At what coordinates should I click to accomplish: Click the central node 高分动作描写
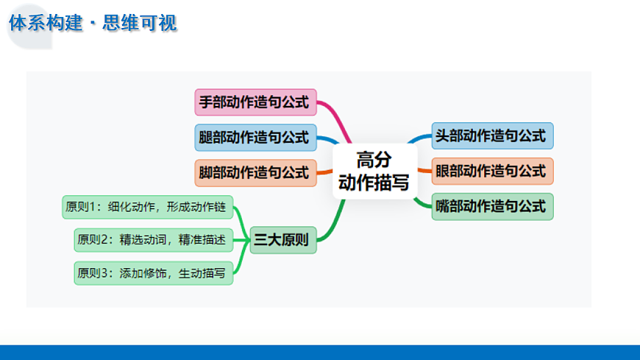pyautogui.click(x=373, y=171)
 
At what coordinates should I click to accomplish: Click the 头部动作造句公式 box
pyautogui.click(x=491, y=135)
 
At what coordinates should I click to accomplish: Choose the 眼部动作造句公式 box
pyautogui.click(x=491, y=171)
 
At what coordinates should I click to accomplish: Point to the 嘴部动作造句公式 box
pyautogui.click(x=491, y=206)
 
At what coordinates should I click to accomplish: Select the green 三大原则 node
pyautogui.click(x=282, y=239)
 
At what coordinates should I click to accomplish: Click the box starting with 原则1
pyautogui.click(x=146, y=207)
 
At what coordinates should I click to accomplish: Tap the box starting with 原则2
pyautogui.click(x=153, y=239)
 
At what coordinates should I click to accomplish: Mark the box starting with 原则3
pyautogui.click(x=153, y=272)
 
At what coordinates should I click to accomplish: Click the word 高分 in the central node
pyautogui.click(x=373, y=159)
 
